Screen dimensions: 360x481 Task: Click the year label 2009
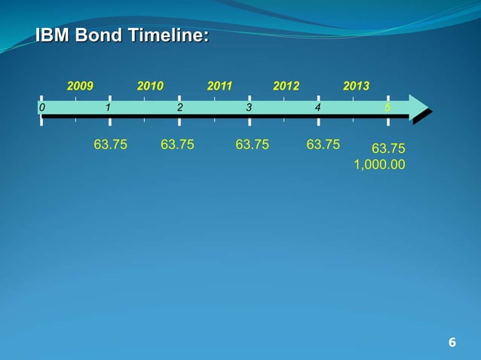pyautogui.click(x=81, y=87)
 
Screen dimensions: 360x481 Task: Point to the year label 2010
pyautogui.click(x=150, y=87)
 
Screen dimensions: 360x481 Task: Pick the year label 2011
pyautogui.click(x=219, y=87)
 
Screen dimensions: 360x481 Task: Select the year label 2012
pyautogui.click(x=286, y=87)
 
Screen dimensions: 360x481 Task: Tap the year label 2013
pyautogui.click(x=356, y=87)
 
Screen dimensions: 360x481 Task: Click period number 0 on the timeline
pyautogui.click(x=42, y=108)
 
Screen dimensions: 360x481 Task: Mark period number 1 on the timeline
pyautogui.click(x=109, y=108)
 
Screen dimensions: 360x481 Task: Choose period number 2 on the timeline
pyautogui.click(x=179, y=108)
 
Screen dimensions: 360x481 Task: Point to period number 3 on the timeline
pyautogui.click(x=249, y=108)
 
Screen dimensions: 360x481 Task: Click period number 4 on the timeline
pyautogui.click(x=317, y=108)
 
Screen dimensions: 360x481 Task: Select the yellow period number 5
pyautogui.click(x=387, y=108)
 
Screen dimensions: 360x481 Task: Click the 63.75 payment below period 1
pyautogui.click(x=110, y=144)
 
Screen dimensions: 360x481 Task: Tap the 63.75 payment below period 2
pyautogui.click(x=177, y=144)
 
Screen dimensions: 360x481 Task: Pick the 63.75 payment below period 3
pyautogui.click(x=252, y=144)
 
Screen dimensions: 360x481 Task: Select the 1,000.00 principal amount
pyautogui.click(x=379, y=163)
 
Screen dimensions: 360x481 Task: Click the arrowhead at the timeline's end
pyautogui.click(x=418, y=108)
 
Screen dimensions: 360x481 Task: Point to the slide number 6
pyautogui.click(x=452, y=343)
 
